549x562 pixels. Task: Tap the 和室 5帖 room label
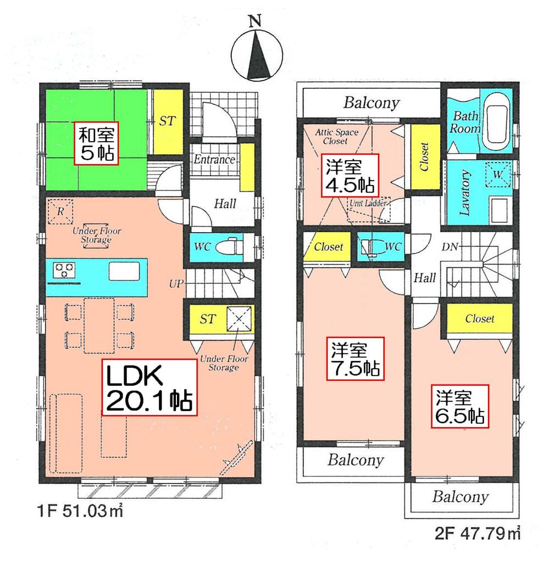click(x=96, y=143)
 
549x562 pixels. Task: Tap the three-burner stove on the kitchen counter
click(x=64, y=270)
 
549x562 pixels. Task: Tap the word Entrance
click(x=214, y=160)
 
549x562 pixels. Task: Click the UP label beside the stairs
click(x=176, y=284)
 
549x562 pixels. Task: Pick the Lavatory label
click(x=465, y=192)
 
